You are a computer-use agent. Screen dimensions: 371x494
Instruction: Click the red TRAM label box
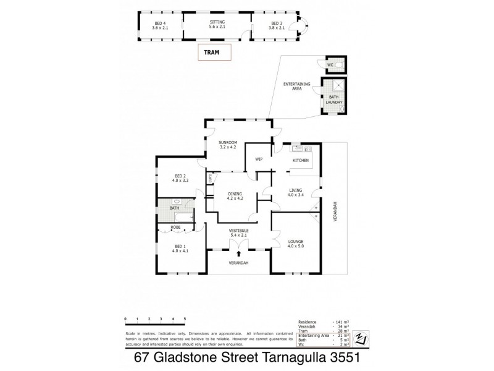pyautogui.click(x=214, y=53)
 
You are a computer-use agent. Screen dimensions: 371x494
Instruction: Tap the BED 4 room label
pyautogui.click(x=160, y=25)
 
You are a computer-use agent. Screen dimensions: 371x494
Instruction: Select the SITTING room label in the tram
pyautogui.click(x=217, y=25)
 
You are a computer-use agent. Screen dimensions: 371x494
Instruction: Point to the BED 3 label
pyautogui.click(x=276, y=25)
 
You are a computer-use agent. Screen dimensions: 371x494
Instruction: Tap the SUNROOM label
pyautogui.click(x=228, y=144)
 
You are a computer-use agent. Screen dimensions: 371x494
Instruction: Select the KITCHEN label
pyautogui.click(x=300, y=161)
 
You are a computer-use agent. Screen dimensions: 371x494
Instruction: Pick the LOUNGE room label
pyautogui.click(x=296, y=243)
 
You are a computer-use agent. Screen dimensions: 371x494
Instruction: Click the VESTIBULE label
pyautogui.click(x=238, y=232)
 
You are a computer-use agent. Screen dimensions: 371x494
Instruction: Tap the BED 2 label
pyautogui.click(x=180, y=177)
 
